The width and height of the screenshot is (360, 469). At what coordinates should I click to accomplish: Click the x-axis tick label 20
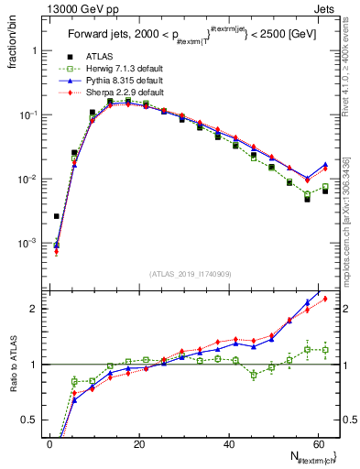139,443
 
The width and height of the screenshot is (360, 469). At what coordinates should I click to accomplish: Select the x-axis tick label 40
229,443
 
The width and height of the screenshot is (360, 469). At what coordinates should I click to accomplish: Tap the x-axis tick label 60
318,443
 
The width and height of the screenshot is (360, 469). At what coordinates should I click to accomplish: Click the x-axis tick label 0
50,443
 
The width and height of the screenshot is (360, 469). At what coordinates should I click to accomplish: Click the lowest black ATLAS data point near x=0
57,216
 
